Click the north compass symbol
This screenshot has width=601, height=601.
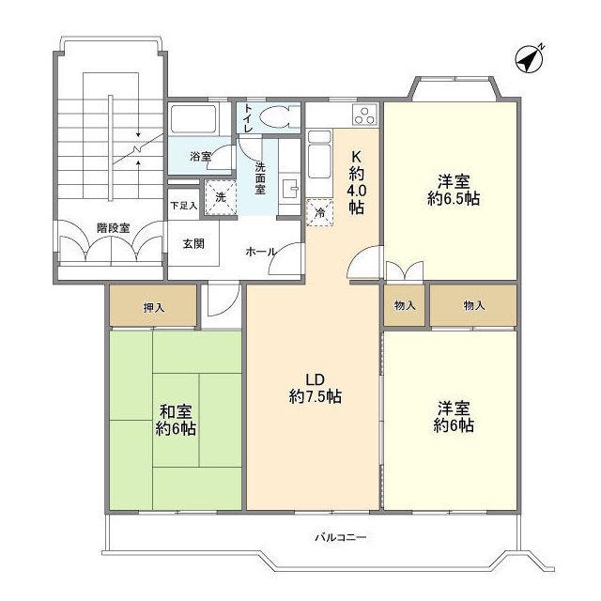(x=532, y=58)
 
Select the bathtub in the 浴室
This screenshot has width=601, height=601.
(x=194, y=120)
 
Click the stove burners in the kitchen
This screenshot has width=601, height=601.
(x=363, y=117)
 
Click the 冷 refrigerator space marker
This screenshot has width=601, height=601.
(x=320, y=212)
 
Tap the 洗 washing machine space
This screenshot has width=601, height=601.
(x=220, y=197)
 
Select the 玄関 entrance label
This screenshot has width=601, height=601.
(x=193, y=243)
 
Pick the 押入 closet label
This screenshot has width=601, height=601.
(x=152, y=305)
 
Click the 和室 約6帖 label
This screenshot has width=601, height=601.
(x=176, y=420)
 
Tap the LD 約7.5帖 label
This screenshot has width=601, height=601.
(x=315, y=389)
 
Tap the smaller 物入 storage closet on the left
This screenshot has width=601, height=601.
(x=406, y=305)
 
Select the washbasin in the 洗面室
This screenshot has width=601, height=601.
(x=288, y=185)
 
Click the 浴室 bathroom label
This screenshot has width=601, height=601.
(x=200, y=157)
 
